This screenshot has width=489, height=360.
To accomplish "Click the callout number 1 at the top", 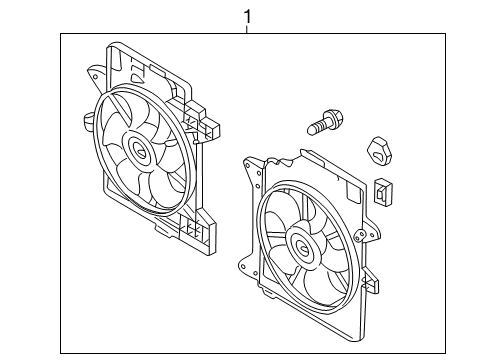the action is (247, 17).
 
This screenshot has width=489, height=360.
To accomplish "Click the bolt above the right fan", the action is (325, 122).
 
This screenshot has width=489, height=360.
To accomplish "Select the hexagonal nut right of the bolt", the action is (379, 150).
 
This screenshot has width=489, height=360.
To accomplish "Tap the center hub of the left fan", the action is (139, 149).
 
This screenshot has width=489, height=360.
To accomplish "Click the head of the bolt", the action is (334, 117).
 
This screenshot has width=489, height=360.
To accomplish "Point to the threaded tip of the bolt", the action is (311, 130).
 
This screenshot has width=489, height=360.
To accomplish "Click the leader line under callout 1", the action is (247, 29).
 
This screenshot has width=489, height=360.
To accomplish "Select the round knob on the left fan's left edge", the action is (87, 121).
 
